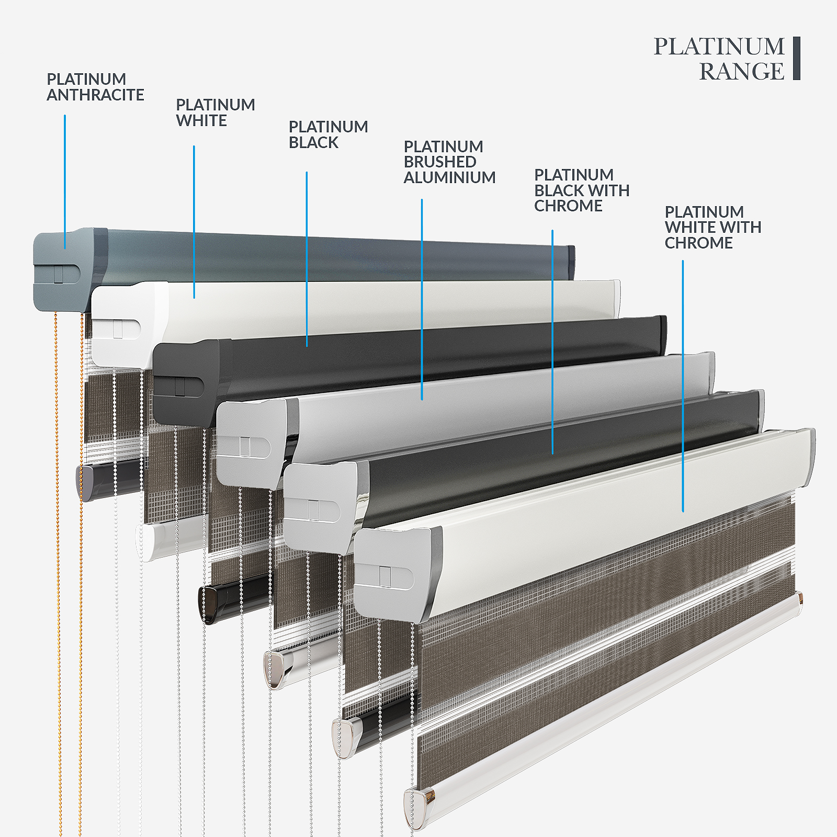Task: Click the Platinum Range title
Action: [719, 59]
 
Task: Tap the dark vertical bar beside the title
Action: [796, 58]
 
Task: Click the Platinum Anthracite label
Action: [95, 87]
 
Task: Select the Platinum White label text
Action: [215, 112]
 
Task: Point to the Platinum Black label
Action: [328, 134]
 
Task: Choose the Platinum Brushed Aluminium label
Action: [449, 162]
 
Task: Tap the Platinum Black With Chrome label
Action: [581, 190]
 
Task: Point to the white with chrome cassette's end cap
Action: [392, 573]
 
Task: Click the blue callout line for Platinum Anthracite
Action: [65, 183]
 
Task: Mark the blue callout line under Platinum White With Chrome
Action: [683, 387]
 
